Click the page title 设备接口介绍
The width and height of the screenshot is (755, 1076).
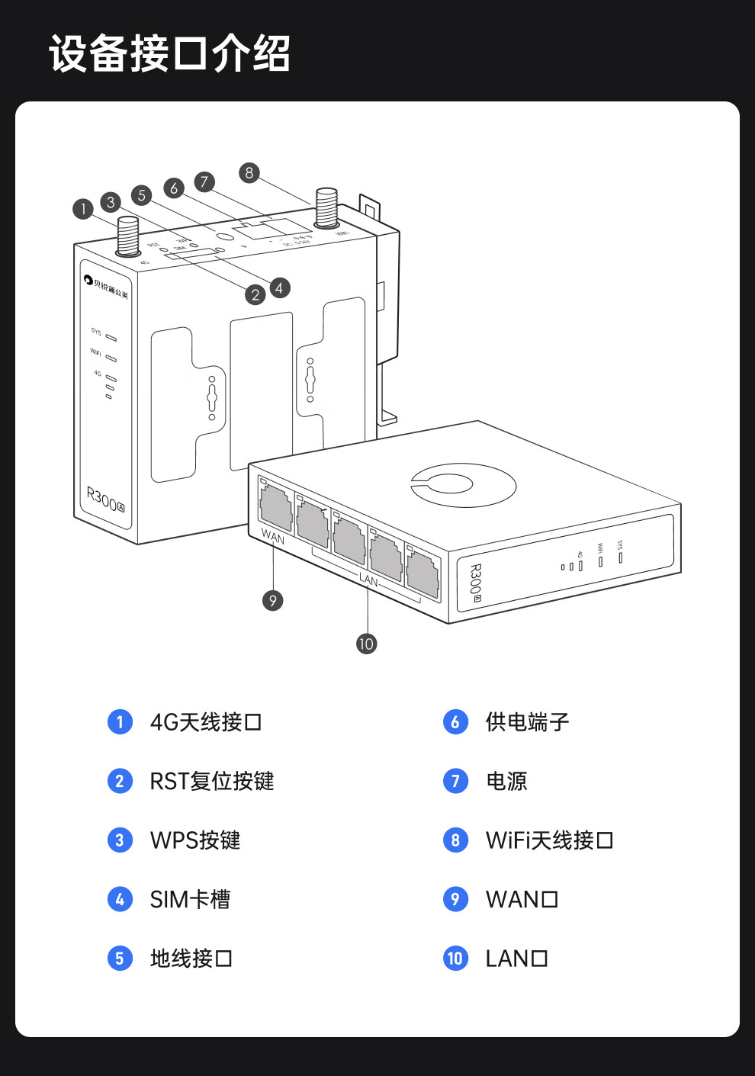(169, 53)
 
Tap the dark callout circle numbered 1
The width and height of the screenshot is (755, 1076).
(83, 208)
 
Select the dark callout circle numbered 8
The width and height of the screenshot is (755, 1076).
(249, 172)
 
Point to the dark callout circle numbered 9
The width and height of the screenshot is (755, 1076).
(273, 601)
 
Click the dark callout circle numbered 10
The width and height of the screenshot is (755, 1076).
(366, 644)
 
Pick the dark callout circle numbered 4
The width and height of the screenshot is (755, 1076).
(280, 287)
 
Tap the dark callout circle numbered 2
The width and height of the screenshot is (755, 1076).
(255, 295)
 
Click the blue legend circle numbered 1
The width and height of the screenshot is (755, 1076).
(120, 721)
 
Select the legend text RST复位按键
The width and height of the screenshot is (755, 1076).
(211, 781)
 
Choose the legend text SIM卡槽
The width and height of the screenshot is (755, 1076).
(190, 899)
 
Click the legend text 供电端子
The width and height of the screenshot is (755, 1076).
(527, 721)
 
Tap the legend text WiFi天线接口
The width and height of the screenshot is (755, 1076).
(549, 840)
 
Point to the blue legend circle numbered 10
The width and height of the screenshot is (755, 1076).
(455, 958)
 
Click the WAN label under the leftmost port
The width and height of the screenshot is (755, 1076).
(272, 537)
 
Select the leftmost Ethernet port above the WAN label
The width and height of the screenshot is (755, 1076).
(276, 506)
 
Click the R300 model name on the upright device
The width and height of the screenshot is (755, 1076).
(105, 500)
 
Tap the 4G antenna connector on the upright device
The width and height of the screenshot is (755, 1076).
(127, 236)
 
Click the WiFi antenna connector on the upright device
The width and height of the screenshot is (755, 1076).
(327, 207)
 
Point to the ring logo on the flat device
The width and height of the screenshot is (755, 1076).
(463, 484)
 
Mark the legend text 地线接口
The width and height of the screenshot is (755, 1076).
(191, 958)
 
